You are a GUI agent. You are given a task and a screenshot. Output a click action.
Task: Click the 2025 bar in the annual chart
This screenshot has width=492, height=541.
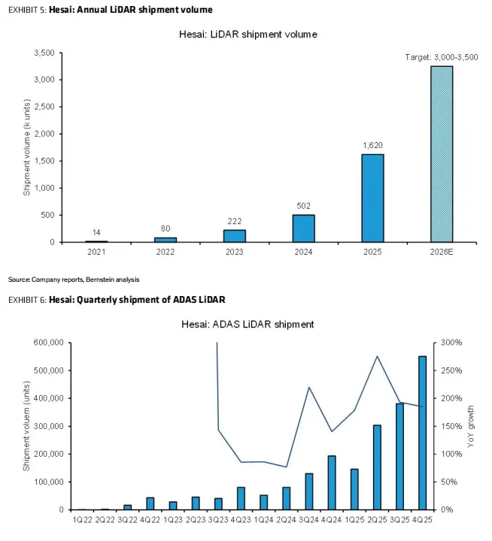372,198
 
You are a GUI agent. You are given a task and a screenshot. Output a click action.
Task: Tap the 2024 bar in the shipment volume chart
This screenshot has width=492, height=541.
303,228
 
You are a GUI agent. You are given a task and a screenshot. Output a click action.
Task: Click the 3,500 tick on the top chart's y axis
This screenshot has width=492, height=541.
44,53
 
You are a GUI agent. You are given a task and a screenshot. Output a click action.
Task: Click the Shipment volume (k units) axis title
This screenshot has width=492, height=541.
26,148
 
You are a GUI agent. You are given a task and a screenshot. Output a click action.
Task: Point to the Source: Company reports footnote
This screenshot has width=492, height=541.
74,280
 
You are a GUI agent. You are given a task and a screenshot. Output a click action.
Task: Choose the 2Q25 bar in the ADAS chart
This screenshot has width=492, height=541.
376,467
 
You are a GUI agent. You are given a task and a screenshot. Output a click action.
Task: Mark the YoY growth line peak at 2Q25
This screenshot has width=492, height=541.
376,356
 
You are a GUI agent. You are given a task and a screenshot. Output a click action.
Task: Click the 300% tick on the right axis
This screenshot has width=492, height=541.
450,343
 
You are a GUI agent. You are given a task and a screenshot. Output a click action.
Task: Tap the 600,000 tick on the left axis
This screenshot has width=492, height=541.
47,343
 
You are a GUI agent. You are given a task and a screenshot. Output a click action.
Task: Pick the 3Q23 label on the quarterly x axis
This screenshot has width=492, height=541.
220,519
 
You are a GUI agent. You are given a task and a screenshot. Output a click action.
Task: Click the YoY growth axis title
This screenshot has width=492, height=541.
472,426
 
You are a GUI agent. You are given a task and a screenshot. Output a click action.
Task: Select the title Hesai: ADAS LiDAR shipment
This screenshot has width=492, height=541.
248,324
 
